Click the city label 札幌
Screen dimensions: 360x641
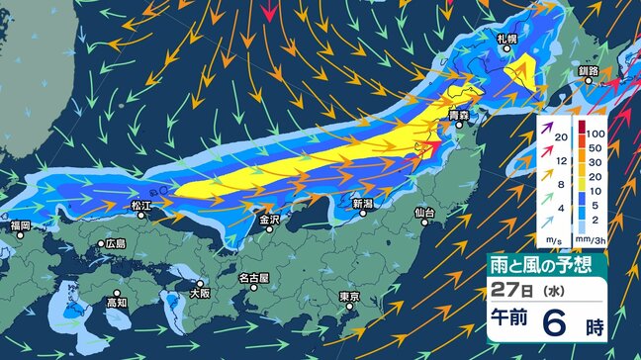click(507, 39)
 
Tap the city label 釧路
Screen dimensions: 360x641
click(589, 71)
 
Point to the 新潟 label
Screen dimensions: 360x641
click(364, 203)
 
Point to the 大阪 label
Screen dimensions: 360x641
click(200, 293)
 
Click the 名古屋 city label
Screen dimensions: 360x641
click(254, 279)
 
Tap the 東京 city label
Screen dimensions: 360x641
click(347, 297)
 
